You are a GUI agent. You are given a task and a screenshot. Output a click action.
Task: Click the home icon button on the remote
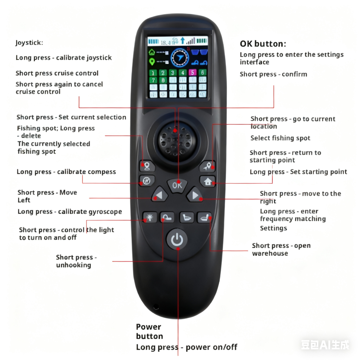[207, 181]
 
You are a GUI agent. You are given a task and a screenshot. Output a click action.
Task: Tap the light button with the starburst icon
[150, 217]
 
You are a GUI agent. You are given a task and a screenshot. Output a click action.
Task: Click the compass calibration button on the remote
[147, 181]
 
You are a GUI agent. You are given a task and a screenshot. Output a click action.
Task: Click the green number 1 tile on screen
[153, 73]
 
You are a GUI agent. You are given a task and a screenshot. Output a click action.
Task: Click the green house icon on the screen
[151, 52]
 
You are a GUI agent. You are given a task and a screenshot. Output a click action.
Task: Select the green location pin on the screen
[152, 62]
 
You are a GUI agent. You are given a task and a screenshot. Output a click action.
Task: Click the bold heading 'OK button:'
[263, 44]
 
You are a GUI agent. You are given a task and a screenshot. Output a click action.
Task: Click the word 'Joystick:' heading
[29, 43]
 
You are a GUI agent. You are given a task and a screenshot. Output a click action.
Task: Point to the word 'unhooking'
[73, 265]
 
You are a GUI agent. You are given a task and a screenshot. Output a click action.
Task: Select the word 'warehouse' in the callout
[270, 253]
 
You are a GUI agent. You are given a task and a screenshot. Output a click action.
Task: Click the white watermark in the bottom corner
[325, 345]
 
